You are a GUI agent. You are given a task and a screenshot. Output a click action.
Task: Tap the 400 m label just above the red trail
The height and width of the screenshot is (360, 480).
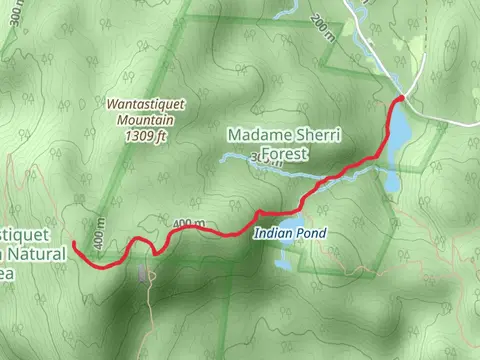point(188,222)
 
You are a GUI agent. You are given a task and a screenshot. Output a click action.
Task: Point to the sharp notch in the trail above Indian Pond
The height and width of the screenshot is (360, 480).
point(258,212)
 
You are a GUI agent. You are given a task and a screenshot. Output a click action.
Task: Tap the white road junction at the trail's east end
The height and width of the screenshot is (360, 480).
point(402,97)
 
